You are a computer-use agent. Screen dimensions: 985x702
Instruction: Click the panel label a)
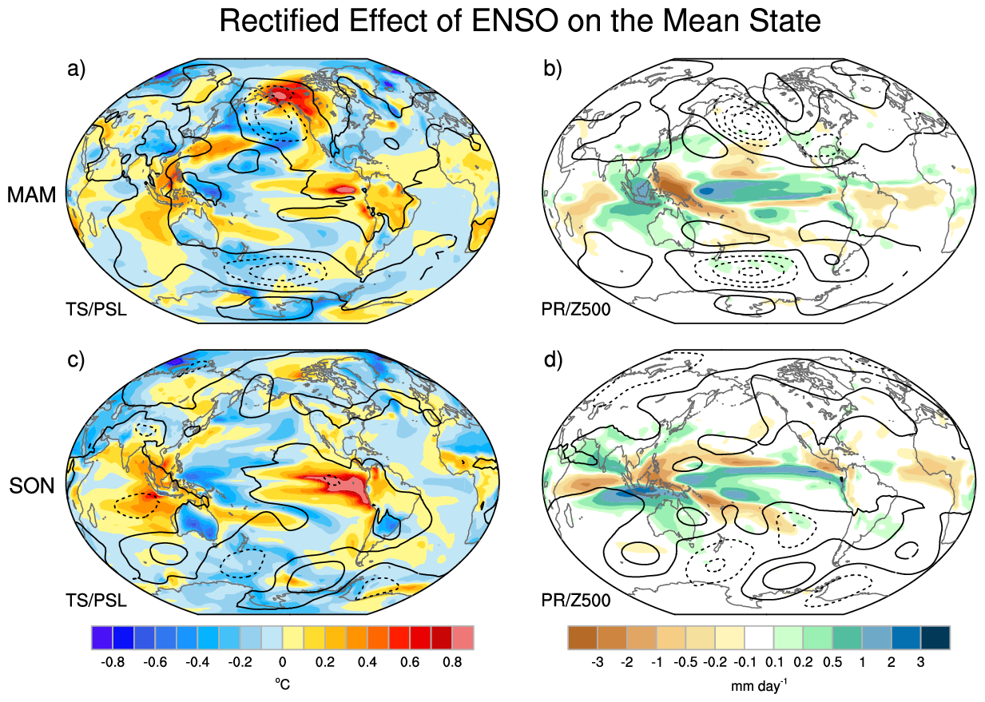tap(76, 69)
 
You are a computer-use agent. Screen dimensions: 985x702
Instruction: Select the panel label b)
tap(552, 69)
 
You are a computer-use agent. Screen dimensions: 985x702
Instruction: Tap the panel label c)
tap(76, 360)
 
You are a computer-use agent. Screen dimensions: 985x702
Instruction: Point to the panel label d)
tap(553, 360)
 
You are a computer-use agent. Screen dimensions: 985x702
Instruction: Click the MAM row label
tap(32, 195)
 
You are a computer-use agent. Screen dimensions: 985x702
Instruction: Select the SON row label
tap(32, 486)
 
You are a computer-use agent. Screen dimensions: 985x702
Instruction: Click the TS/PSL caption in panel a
tap(97, 309)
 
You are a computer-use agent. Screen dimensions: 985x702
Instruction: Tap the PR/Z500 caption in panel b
tap(576, 309)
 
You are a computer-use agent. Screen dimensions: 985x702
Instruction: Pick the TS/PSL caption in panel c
tap(97, 600)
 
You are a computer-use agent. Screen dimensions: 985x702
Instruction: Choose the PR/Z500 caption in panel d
tap(576, 600)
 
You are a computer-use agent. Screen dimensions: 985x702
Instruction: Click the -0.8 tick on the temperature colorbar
tap(113, 662)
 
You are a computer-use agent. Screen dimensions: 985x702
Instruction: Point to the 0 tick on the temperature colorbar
tap(282, 662)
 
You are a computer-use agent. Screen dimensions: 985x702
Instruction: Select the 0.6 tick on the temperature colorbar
tap(409, 662)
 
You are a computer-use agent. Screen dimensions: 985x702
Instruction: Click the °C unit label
tap(282, 684)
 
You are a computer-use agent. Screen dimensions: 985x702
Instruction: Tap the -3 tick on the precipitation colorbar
tap(598, 662)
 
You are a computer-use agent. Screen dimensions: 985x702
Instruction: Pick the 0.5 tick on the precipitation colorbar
tap(832, 662)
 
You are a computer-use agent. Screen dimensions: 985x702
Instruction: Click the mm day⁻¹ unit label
tap(759, 685)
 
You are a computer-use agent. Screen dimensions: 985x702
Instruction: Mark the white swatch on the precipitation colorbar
tap(759, 637)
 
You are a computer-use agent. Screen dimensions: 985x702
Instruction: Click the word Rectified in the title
tap(280, 21)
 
